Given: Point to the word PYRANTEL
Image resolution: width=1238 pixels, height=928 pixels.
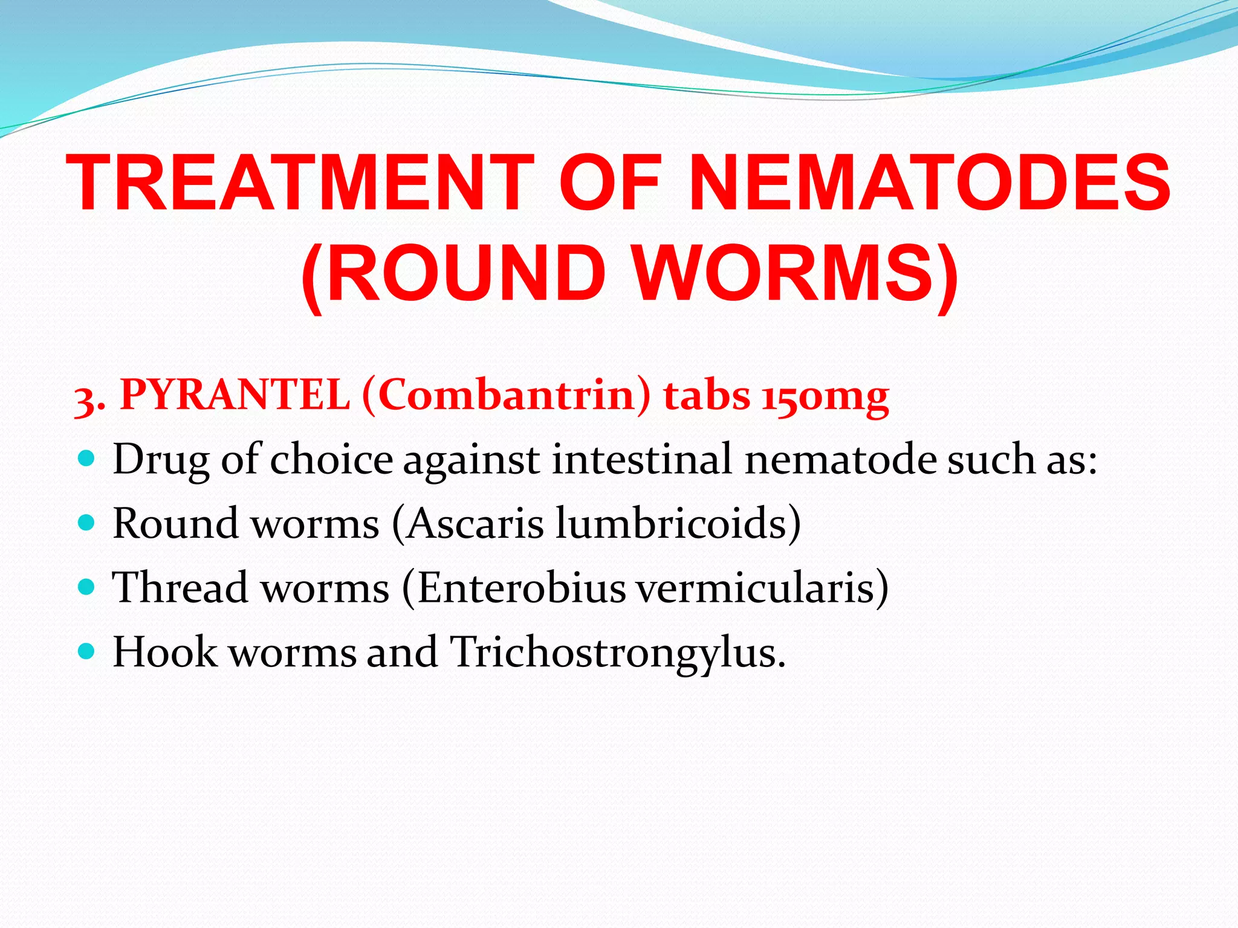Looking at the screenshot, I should point(235,396).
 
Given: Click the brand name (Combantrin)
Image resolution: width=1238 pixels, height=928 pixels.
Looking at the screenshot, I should point(507,396).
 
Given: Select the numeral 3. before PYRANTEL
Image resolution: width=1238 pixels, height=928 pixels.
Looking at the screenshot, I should point(89,399).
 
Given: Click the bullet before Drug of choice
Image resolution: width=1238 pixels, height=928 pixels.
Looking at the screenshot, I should point(87,459).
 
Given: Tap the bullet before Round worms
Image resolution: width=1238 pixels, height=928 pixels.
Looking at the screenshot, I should point(87,523).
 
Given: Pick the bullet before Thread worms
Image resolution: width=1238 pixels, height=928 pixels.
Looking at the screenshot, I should point(87,587).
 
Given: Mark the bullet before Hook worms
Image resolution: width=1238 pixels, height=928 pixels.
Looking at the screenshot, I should point(87,651).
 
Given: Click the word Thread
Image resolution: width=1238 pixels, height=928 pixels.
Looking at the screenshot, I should point(180,587).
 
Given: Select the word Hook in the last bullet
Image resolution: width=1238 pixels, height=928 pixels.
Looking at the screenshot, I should point(165,652).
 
